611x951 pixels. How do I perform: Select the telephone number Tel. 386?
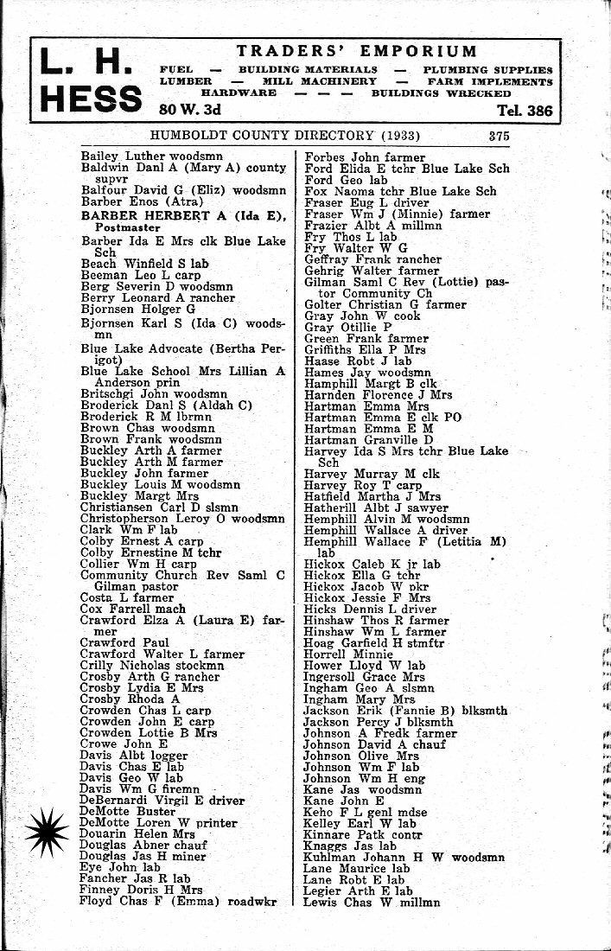coord(525,111)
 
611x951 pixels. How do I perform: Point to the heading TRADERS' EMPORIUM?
coord(356,52)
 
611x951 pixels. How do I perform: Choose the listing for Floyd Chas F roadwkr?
coord(179,901)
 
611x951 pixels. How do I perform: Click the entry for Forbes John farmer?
coord(365,157)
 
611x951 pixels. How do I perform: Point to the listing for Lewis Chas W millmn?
coord(372,902)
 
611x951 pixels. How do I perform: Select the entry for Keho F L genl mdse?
coord(365,812)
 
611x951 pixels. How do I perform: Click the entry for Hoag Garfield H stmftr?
coord(373,643)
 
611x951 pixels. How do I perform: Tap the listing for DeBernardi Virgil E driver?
coord(162,801)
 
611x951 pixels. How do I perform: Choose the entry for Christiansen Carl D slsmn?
coord(161,507)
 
